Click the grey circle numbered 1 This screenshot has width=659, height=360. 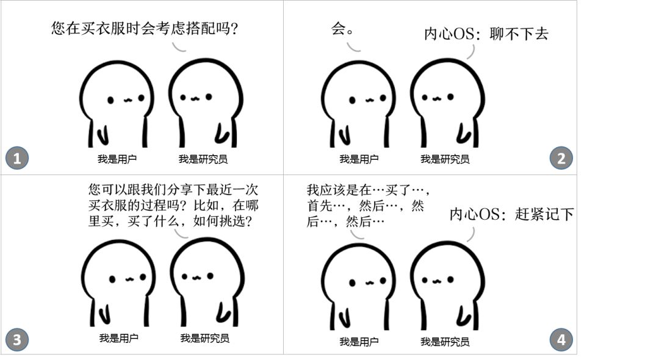(17, 159)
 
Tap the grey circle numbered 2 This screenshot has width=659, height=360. (561, 159)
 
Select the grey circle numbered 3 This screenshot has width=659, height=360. (17, 340)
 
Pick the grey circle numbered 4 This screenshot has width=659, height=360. (561, 340)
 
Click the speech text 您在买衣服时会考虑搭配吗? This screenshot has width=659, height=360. (145, 28)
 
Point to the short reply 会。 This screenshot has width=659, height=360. (342, 29)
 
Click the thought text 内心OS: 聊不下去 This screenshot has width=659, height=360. (486, 34)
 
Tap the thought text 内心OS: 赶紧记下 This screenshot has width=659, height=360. (512, 214)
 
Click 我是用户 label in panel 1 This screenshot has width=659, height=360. (117, 159)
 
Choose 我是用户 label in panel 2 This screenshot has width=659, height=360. (359, 159)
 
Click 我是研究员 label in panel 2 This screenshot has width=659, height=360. (445, 159)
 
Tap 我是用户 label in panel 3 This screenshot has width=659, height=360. (119, 338)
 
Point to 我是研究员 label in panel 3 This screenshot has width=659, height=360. (205, 338)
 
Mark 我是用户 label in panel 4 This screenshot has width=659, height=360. (359, 342)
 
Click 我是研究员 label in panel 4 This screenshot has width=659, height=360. (445, 342)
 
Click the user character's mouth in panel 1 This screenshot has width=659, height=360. (127, 99)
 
